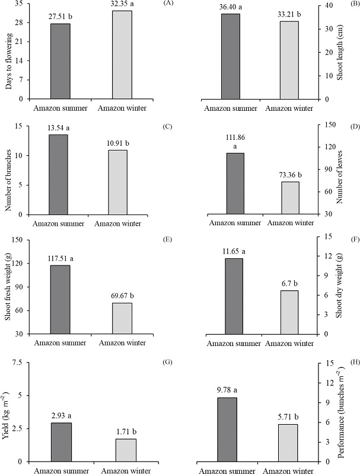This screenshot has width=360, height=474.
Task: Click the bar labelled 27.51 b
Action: click(60, 61)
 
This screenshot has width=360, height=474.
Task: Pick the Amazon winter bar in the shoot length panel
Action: click(289, 60)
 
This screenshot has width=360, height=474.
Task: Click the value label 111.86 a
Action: click(236, 140)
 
